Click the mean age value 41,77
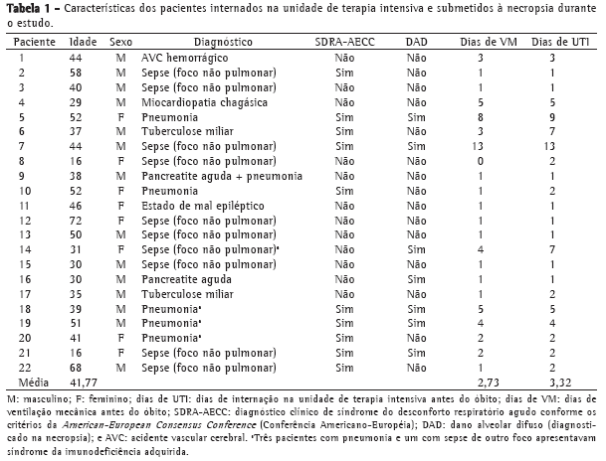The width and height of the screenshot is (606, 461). [x=77, y=381]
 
